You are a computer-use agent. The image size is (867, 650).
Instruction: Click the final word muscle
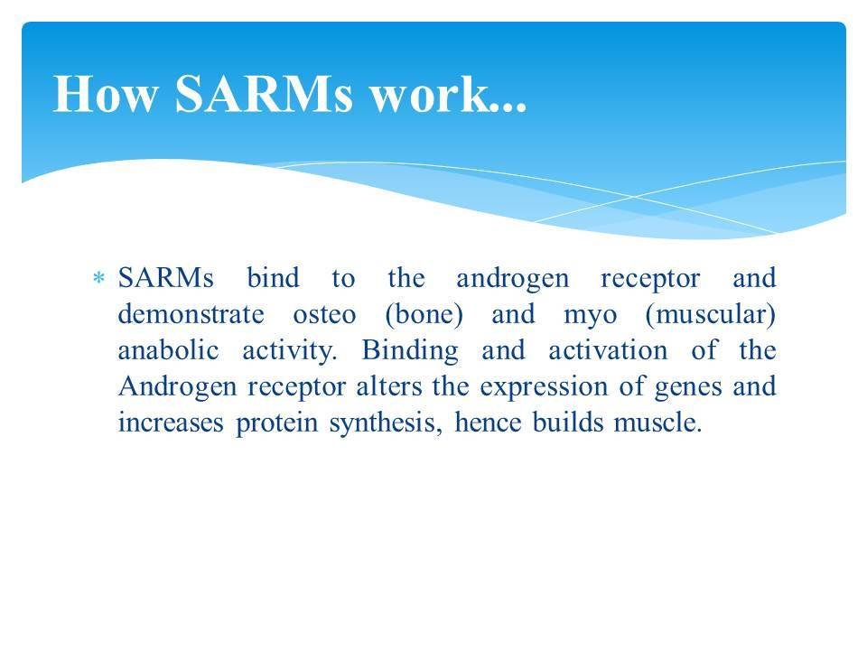(662, 422)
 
